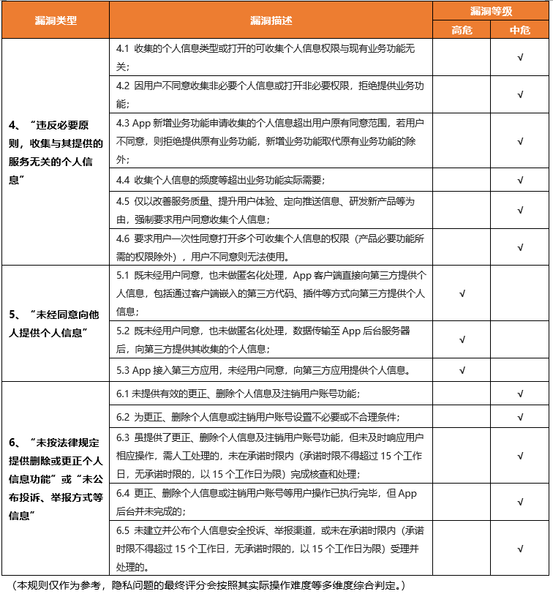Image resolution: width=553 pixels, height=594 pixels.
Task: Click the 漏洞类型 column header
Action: click(56, 20)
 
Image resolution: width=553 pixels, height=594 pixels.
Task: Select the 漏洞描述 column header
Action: click(271, 20)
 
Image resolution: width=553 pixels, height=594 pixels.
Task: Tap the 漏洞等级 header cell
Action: click(491, 10)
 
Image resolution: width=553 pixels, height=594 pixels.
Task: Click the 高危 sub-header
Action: click(462, 29)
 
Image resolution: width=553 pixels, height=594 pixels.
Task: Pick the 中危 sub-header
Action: click(520, 29)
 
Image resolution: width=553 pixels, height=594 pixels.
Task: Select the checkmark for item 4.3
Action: click(520, 140)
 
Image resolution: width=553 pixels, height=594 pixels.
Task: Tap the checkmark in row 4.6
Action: click(520, 247)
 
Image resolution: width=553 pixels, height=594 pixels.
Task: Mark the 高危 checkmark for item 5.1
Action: click(462, 293)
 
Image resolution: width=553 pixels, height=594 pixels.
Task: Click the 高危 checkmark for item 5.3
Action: click(462, 369)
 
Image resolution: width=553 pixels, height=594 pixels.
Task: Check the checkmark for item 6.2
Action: click(520, 417)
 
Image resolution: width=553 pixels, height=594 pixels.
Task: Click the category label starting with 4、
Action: click(56, 151)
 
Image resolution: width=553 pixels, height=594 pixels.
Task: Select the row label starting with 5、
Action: click(56, 323)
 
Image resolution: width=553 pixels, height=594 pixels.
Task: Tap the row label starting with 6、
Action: click(56, 478)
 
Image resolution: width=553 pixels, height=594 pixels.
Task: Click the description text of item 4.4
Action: click(219, 179)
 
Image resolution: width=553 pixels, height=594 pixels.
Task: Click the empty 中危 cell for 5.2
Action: click(520, 339)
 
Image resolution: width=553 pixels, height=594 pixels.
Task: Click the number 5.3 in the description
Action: click(123, 369)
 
